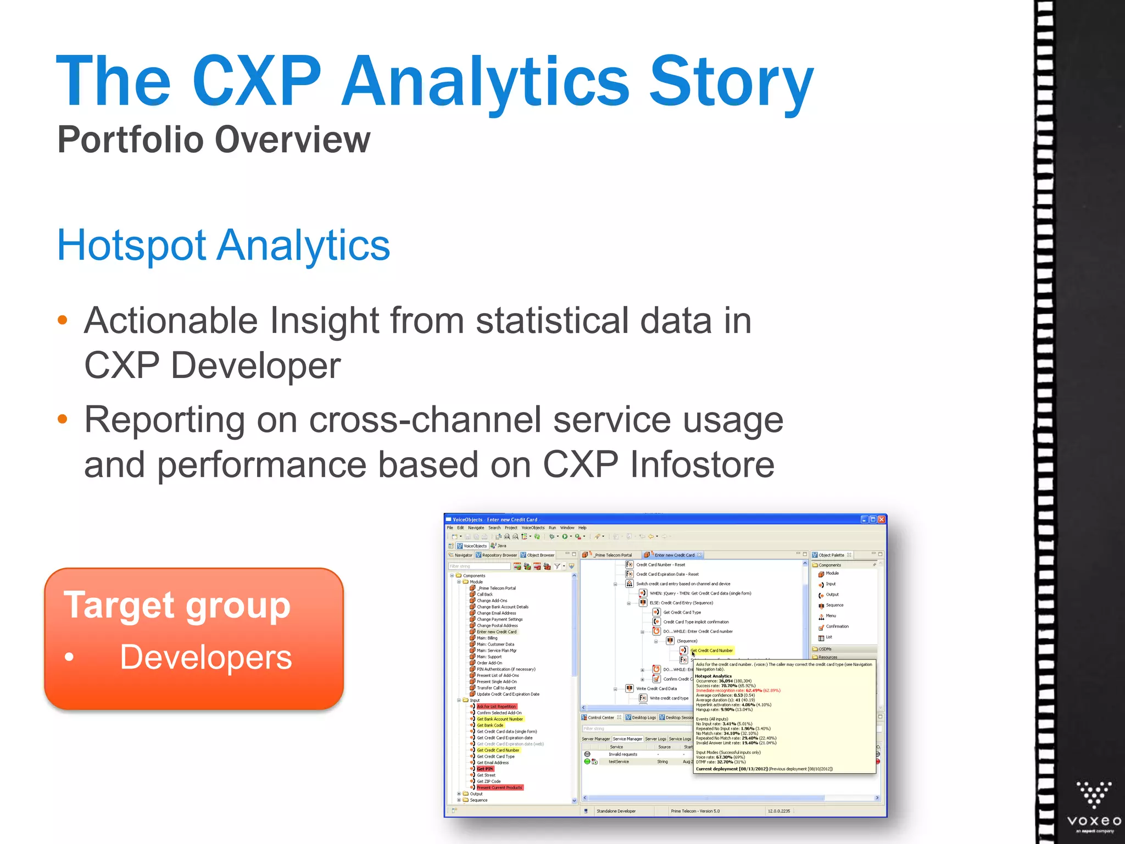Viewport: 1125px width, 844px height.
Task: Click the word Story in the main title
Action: click(x=731, y=82)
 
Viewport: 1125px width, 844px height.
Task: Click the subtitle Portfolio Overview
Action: click(x=214, y=140)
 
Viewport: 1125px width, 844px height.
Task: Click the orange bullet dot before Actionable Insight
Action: click(x=63, y=320)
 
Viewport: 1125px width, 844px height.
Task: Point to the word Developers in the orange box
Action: click(x=206, y=657)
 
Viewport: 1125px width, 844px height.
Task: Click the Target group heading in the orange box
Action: click(x=177, y=606)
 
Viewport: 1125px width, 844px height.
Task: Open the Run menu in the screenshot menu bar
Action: click(x=552, y=528)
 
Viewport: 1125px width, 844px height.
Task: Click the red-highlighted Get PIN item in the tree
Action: click(x=485, y=769)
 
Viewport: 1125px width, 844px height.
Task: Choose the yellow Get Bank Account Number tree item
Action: click(x=500, y=719)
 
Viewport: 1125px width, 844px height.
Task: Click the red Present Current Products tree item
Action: click(x=499, y=787)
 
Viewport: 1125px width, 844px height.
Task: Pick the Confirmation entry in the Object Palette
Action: click(x=837, y=626)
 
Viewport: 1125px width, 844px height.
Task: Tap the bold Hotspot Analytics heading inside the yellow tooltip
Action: click(x=714, y=676)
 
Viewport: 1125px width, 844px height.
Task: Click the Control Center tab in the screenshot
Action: click(x=600, y=718)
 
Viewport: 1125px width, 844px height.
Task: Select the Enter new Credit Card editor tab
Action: click(x=674, y=555)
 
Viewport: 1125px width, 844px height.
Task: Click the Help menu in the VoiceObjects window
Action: click(x=582, y=528)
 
